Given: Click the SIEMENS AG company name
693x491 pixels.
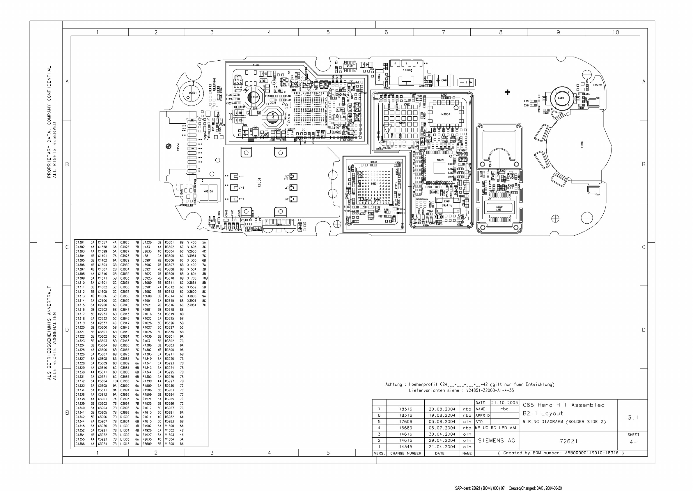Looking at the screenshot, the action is [496, 441].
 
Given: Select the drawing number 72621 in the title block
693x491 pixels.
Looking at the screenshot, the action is [568, 441].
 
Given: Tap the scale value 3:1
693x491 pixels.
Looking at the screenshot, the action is [633, 418].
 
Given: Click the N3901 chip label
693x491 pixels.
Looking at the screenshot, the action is [446, 114].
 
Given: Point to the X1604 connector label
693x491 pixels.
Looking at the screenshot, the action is [259, 182].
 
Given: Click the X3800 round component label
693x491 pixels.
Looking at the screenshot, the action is [561, 98].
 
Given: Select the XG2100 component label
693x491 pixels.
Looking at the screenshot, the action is [208, 191].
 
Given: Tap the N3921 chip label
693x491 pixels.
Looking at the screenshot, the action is [441, 160].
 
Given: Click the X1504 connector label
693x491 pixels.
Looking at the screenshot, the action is [178, 147].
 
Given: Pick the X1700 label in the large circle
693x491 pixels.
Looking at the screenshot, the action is [582, 145].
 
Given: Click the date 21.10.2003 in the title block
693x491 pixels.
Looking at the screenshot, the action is [504, 403].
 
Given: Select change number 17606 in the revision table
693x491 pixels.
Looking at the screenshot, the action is [405, 422].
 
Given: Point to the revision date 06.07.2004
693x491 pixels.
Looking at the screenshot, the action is [442, 428].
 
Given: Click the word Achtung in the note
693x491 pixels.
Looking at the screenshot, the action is [394, 385].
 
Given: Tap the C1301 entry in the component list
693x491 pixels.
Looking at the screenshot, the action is [80, 243].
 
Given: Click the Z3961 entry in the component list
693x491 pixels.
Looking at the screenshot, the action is [192, 305].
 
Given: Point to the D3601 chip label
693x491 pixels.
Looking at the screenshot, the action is [374, 183].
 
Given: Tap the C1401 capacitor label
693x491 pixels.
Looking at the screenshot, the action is [444, 81].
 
